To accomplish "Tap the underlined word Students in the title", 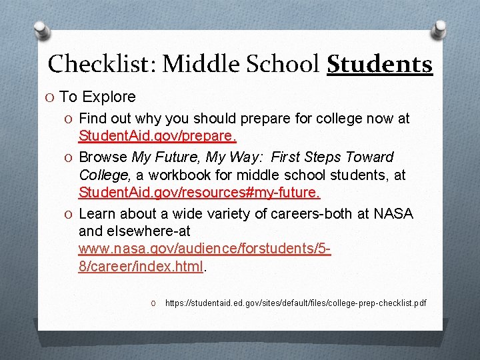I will (x=379, y=64).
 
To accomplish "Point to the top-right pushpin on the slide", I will (x=439, y=29).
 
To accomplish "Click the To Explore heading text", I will (x=97, y=97).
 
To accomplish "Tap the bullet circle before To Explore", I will (x=51, y=97).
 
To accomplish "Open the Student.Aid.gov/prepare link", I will (x=157, y=136).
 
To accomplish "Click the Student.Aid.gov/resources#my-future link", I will (x=199, y=193).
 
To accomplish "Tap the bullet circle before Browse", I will (x=70, y=157).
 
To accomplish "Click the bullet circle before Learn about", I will (x=70, y=214).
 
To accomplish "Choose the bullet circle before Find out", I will (x=70, y=119).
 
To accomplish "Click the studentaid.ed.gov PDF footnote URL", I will (x=295, y=303).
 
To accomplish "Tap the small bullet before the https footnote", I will (x=153, y=304).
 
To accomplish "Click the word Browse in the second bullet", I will (x=103, y=157).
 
